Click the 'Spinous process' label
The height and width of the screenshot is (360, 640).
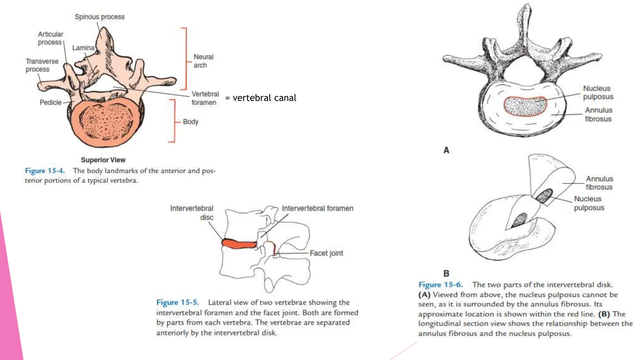pyautogui.click(x=99, y=17)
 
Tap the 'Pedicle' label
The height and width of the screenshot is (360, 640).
pyautogui.click(x=50, y=102)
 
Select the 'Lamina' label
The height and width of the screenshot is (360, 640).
pyautogui.click(x=83, y=48)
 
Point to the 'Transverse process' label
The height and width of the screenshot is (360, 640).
pyautogui.click(x=42, y=65)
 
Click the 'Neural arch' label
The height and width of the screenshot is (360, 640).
pyautogui.click(x=203, y=61)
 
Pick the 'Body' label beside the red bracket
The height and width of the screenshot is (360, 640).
pyautogui.click(x=190, y=122)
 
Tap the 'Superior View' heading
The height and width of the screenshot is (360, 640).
pyautogui.click(x=103, y=160)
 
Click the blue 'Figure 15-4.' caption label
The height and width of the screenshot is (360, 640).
pyautogui.click(x=45, y=171)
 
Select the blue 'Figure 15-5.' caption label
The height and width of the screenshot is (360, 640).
pyautogui.click(x=177, y=302)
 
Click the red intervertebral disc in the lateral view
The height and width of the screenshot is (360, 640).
pyautogui.click(x=239, y=244)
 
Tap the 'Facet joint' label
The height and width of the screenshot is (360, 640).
pyautogui.click(x=326, y=253)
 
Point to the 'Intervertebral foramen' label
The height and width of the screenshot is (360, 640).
pyautogui.click(x=317, y=208)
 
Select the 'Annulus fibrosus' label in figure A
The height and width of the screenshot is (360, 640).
pyautogui.click(x=598, y=114)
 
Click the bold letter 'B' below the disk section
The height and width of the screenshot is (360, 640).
pyautogui.click(x=446, y=273)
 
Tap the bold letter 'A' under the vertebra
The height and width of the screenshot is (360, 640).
pyautogui.click(x=446, y=150)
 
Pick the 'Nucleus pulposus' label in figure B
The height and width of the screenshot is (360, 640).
pyautogui.click(x=589, y=203)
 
